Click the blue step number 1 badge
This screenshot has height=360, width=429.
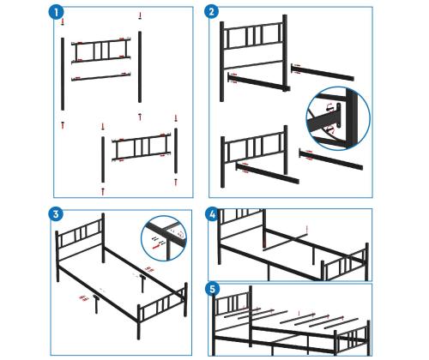tap(56, 12)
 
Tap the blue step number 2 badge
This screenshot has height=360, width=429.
tap(212, 12)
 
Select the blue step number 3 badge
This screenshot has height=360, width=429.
tap(56, 213)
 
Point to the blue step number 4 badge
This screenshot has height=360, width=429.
tap(212, 214)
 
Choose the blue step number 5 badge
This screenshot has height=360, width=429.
tap(212, 289)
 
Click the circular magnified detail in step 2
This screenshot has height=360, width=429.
tap(338, 118)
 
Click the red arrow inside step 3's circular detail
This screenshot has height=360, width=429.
tap(156, 246)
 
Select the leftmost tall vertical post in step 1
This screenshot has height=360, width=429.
tap(63, 74)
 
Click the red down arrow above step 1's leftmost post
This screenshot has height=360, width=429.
tap(63, 22)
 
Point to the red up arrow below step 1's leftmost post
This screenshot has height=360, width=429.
tap(63, 125)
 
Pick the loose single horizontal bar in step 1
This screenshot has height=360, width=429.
tap(101, 77)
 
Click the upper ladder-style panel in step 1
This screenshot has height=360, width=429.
tap(101, 51)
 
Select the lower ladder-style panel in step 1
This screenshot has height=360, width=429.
tap(142, 147)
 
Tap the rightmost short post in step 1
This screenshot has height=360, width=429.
tap(176, 151)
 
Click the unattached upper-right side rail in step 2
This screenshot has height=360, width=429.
tap(323, 72)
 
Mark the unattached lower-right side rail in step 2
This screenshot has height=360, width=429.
tap(331, 159)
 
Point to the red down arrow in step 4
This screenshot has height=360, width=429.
tap(307, 229)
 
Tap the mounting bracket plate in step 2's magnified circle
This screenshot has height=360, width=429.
tap(339, 116)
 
